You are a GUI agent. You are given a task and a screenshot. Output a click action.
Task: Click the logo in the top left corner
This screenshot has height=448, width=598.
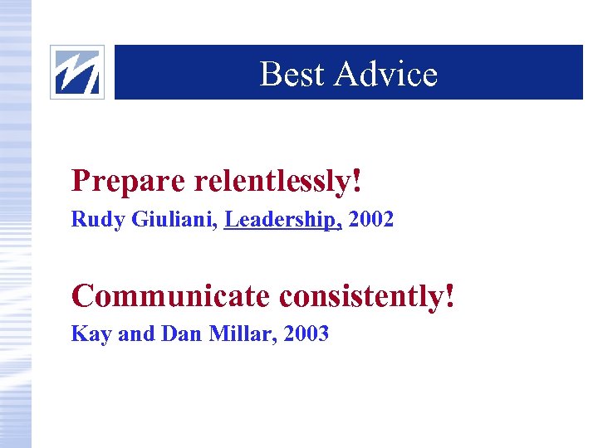pyautogui.click(x=77, y=72)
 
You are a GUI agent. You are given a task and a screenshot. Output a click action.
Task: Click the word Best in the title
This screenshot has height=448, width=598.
pyautogui.click(x=292, y=74)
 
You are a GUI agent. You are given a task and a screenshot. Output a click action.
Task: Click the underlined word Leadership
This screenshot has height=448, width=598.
pyautogui.click(x=281, y=220)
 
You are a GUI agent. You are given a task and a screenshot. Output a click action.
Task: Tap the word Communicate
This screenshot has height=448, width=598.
pyautogui.click(x=172, y=295)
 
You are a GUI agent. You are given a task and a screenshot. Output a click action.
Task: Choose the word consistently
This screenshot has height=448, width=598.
pyautogui.click(x=361, y=295)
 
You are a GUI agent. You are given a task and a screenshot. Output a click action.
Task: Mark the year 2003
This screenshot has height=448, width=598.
pyautogui.click(x=306, y=334)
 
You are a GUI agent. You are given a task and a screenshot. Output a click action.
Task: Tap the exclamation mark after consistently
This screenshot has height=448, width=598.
pyautogui.click(x=450, y=295)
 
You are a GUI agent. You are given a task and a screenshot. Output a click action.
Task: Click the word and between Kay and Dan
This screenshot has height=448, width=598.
pyautogui.click(x=135, y=334)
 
